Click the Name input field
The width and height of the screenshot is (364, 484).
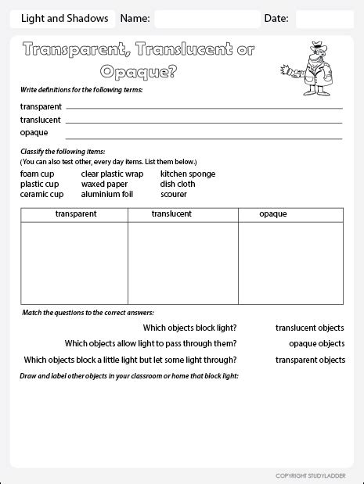pyautogui.click(x=207, y=19)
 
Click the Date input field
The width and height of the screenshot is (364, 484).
pyautogui.click(x=324, y=19)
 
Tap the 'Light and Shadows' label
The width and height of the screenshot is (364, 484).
pyautogui.click(x=62, y=18)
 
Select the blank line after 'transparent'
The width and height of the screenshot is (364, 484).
pyautogui.click(x=204, y=106)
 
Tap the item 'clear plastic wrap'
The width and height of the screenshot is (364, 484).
pyautogui.click(x=112, y=174)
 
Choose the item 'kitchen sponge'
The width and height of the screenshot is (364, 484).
pyautogui.click(x=188, y=174)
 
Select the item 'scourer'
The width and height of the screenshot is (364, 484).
pyautogui.click(x=174, y=194)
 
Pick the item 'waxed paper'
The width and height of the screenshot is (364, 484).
pyautogui.click(x=105, y=184)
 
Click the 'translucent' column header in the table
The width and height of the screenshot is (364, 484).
pyautogui.click(x=171, y=213)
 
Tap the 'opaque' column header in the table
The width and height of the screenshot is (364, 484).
pyautogui.click(x=273, y=213)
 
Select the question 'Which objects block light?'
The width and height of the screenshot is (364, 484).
pyautogui.click(x=190, y=328)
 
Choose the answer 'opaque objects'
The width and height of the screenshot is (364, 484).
pyautogui.click(x=316, y=343)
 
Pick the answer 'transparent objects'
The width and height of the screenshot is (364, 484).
pyautogui.click(x=310, y=360)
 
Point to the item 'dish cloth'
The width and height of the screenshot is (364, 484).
pyautogui.click(x=178, y=184)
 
